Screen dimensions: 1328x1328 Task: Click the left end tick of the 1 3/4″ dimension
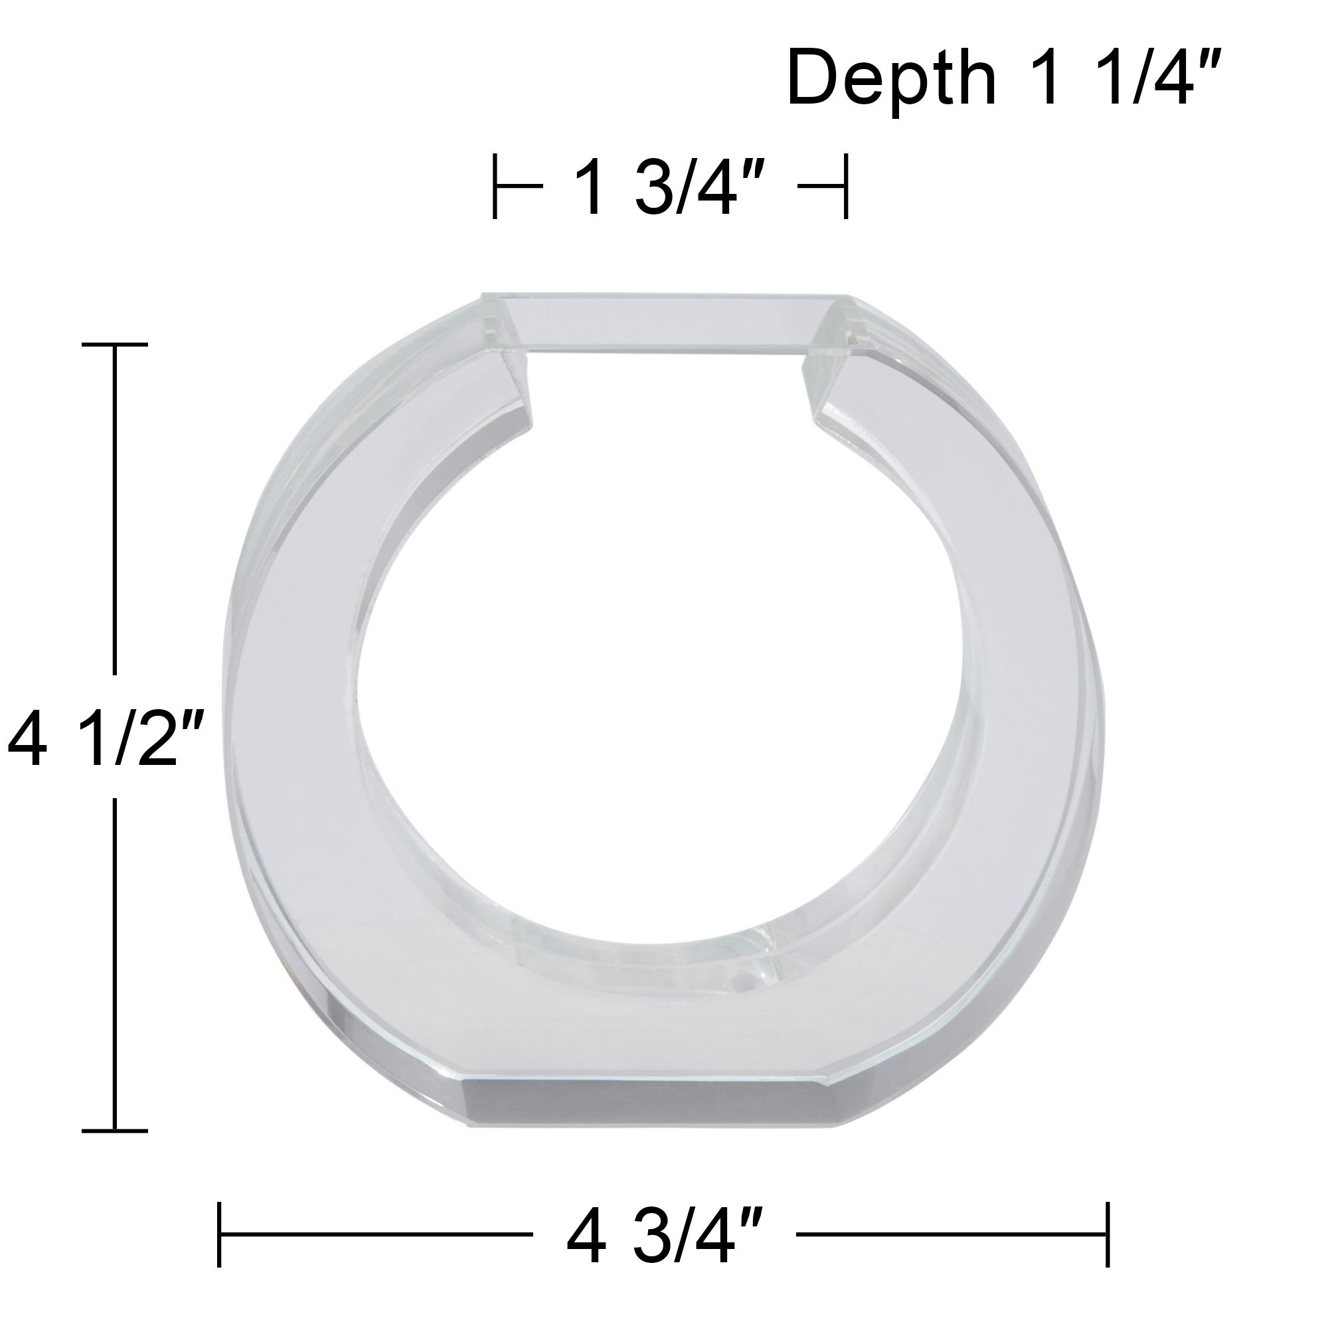tap(495, 187)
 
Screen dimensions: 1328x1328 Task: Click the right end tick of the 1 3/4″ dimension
tap(846, 187)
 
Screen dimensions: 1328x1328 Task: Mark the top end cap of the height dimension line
tap(115, 345)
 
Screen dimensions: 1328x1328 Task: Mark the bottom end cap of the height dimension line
tap(115, 1130)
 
